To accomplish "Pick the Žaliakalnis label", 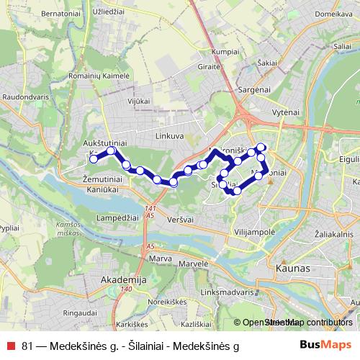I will (x=334, y=235).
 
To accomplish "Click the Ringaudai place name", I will (x=81, y=313).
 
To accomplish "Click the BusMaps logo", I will (x=326, y=345).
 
